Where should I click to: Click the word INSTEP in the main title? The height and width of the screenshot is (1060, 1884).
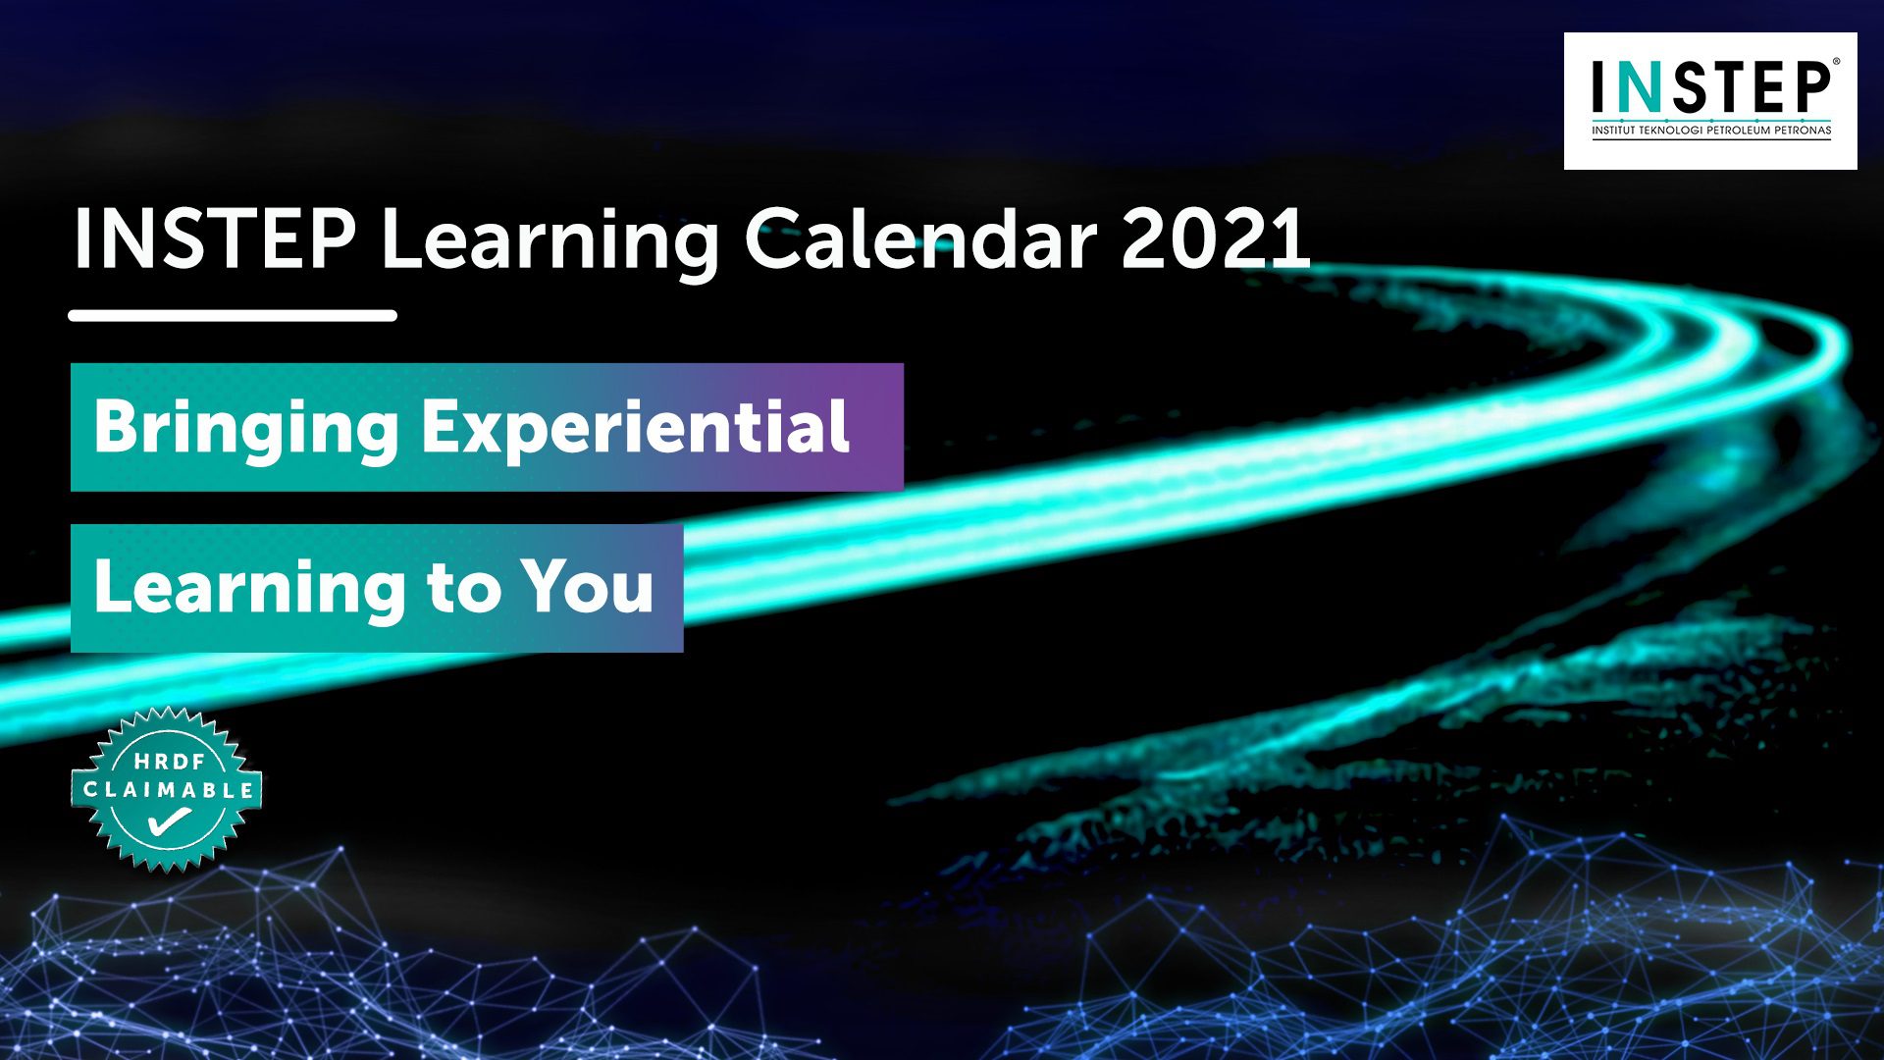[215, 238]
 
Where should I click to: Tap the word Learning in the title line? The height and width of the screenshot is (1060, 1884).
[550, 243]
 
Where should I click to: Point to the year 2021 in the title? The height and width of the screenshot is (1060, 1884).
[1216, 238]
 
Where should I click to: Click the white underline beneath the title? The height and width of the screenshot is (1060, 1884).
[233, 316]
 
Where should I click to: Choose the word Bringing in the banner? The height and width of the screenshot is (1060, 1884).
[246, 429]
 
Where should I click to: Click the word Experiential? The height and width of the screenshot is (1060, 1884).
[636, 429]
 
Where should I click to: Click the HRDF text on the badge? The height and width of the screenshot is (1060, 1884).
[170, 761]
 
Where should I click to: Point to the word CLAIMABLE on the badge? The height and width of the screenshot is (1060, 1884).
[168, 790]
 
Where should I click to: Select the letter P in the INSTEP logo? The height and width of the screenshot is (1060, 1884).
[1809, 87]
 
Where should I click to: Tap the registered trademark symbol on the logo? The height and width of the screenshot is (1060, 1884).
[1836, 61]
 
